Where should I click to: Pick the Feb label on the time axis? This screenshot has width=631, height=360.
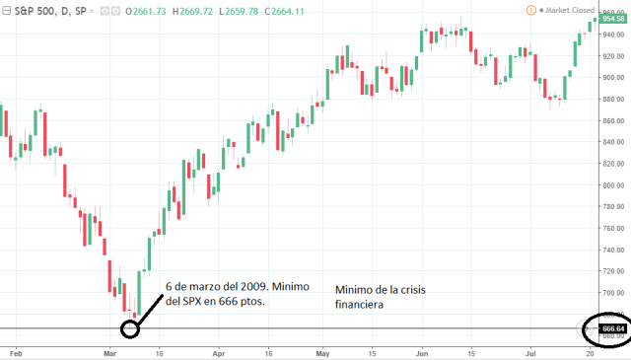15,350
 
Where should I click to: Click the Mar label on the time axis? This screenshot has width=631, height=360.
110,350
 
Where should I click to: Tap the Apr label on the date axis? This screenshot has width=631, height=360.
217,350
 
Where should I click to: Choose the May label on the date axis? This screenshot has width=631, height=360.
323,350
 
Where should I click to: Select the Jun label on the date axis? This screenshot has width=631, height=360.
423,350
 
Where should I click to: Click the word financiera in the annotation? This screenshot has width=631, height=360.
359,306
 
